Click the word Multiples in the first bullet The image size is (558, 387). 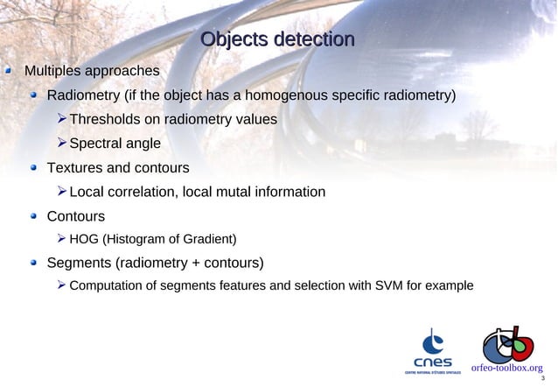pyautogui.click(x=52, y=70)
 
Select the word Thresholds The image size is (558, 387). pyautogui.click(x=108, y=119)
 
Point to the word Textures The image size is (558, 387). pyautogui.click(x=75, y=167)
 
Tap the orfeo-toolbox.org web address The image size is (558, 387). pyautogui.click(x=506, y=369)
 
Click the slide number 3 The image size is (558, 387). pyautogui.click(x=543, y=379)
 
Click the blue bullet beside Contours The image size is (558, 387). pyautogui.click(x=33, y=216)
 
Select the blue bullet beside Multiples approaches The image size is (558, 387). pyautogui.click(x=10, y=70)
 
